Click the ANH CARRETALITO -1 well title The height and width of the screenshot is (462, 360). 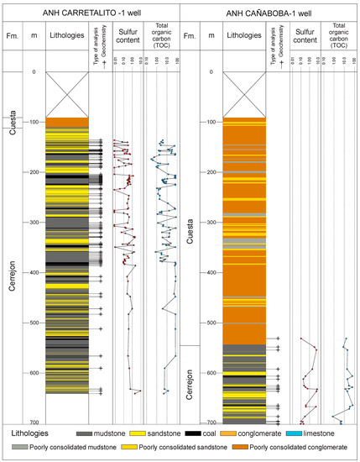click(x=91, y=10)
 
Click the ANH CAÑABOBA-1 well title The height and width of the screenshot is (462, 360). click(x=269, y=10)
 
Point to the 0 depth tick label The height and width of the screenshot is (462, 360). click(x=34, y=72)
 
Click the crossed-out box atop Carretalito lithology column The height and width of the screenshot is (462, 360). click(x=67, y=94)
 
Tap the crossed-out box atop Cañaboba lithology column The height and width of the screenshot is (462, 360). click(x=243, y=94)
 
